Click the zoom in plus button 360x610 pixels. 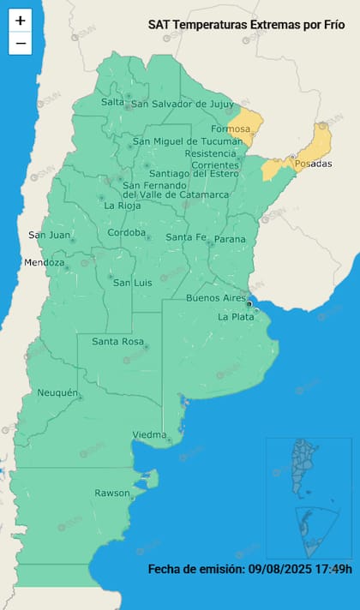(21, 21)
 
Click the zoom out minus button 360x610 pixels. (21, 43)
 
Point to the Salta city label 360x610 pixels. (112, 102)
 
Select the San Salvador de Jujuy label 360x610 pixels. (182, 105)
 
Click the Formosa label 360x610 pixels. (231, 129)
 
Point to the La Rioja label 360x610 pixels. (123, 206)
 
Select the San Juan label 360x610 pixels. (48, 235)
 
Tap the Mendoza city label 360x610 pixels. (45, 263)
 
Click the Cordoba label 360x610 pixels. (127, 233)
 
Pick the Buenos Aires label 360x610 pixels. (216, 298)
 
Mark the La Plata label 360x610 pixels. (236, 317)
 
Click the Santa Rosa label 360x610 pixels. (117, 342)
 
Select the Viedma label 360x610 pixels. (149, 435)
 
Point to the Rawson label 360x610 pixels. (112, 493)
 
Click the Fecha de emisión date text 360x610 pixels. (249, 569)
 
